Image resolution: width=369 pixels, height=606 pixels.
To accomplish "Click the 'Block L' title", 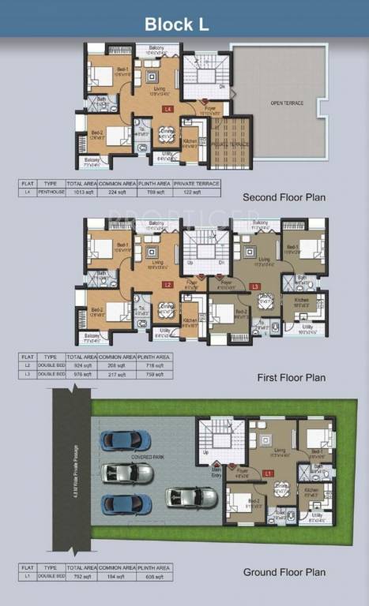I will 176,24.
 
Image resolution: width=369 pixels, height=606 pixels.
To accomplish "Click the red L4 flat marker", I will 168,109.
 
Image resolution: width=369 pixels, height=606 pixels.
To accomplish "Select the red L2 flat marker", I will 168,284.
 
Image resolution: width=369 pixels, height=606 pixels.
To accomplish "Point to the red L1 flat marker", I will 269,473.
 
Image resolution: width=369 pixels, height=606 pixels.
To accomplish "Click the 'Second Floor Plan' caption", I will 284,197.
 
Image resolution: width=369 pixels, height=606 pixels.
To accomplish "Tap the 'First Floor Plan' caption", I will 292,378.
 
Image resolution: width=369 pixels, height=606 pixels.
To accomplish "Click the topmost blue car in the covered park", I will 125,440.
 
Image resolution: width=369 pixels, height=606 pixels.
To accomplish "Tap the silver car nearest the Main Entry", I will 191,497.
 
